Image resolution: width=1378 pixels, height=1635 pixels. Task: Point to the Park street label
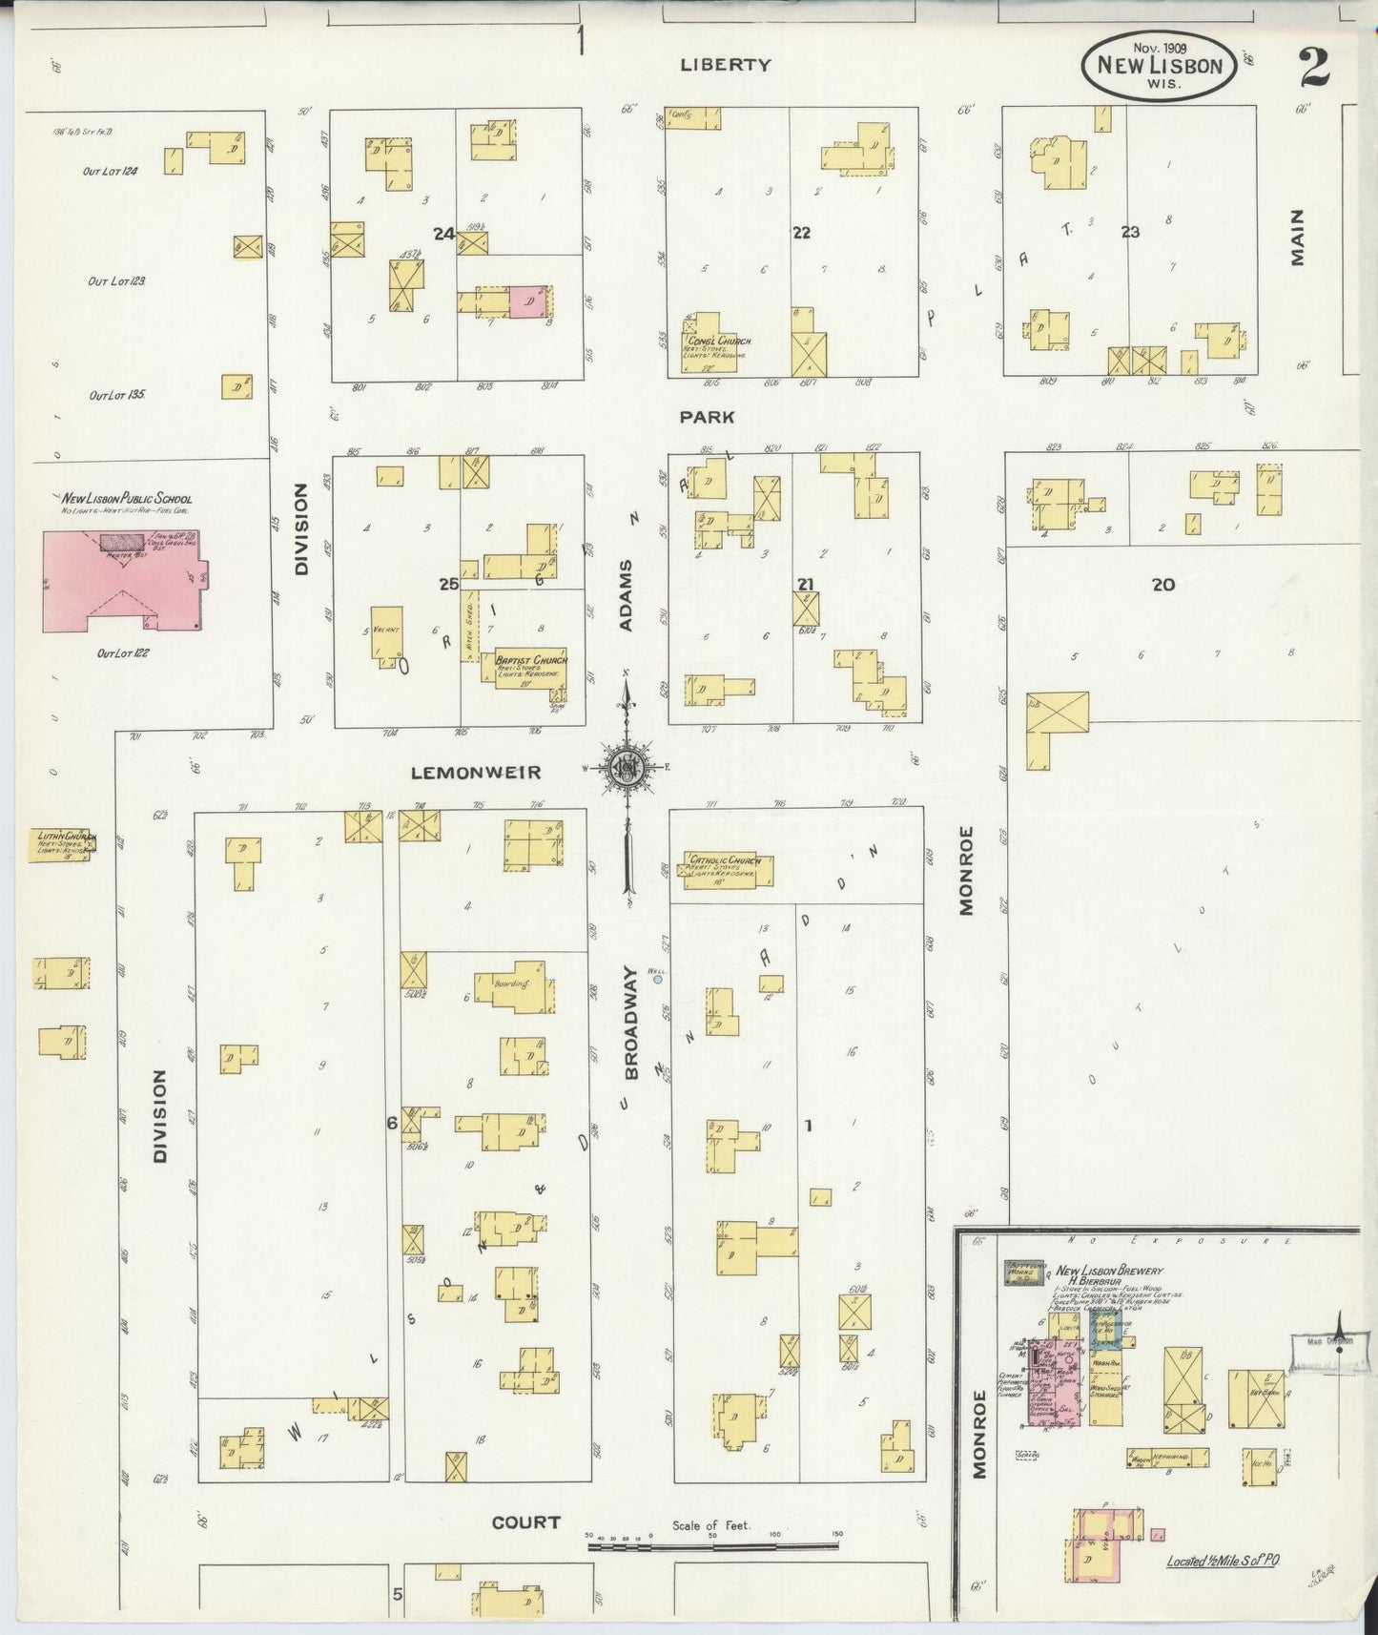click(707, 417)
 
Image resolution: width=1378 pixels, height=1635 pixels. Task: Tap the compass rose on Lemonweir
click(627, 765)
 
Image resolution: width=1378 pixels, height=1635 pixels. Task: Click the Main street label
click(1298, 238)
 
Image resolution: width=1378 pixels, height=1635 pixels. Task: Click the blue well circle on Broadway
click(657, 979)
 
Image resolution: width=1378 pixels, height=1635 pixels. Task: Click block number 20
click(1162, 585)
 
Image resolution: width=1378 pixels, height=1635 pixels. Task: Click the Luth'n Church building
click(62, 845)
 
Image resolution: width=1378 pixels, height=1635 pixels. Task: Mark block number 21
click(806, 584)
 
